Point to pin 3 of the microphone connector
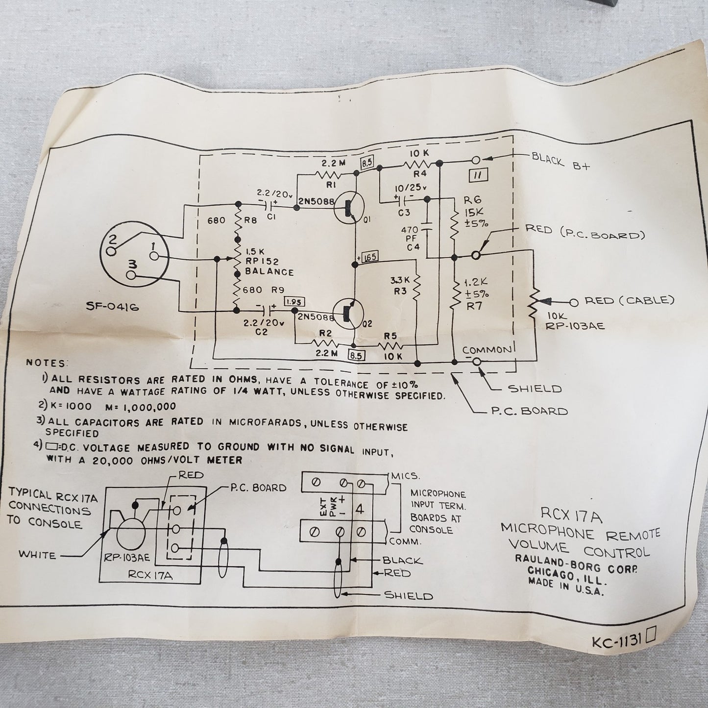(x=130, y=274)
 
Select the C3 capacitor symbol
(x=404, y=199)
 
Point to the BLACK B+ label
(x=561, y=162)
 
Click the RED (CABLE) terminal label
(x=629, y=300)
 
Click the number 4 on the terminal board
(x=359, y=509)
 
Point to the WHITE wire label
(x=37, y=555)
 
